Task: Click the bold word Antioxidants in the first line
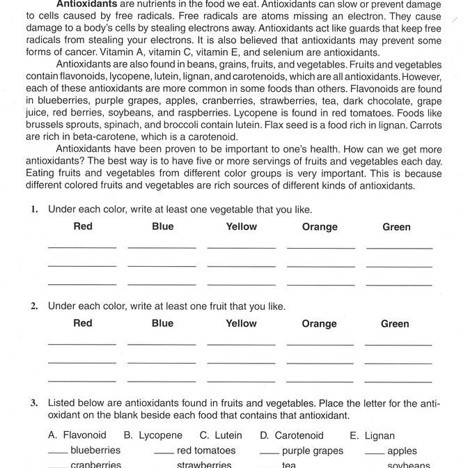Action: [x=86, y=3]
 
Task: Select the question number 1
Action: [x=34, y=210]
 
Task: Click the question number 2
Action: [x=34, y=306]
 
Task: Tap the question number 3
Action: [x=34, y=403]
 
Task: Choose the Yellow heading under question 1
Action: [x=241, y=226]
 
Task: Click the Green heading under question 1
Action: [x=396, y=227]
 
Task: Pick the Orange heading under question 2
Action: [x=320, y=324]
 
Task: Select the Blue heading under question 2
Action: [x=162, y=323]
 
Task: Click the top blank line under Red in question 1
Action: [x=82, y=247]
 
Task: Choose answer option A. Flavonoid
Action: [x=77, y=435]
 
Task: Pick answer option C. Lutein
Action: [x=221, y=435]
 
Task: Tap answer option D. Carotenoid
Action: [x=292, y=435]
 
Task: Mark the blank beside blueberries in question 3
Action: [x=57, y=453]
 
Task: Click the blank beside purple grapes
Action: [x=269, y=453]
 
